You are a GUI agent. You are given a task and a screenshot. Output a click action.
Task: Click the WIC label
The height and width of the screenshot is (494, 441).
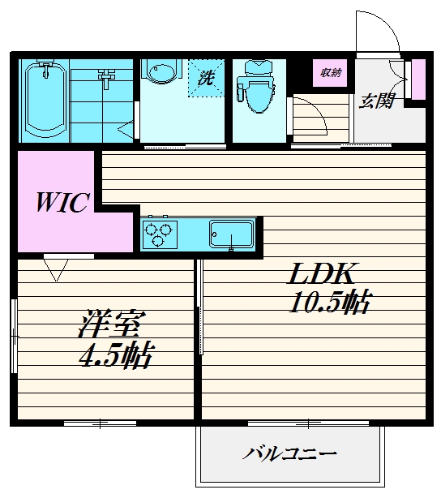pos(61,203)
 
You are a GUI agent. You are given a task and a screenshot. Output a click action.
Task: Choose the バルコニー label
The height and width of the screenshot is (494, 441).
pos(289,453)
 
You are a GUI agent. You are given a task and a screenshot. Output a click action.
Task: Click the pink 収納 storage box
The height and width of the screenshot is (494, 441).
pos(329,73)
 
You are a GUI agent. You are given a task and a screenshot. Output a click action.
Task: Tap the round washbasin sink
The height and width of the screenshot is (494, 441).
pos(161,75)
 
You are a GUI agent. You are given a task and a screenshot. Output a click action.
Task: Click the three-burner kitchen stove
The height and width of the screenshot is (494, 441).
pos(161,234)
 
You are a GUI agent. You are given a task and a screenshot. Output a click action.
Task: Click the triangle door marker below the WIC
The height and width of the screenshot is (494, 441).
pos(56,268)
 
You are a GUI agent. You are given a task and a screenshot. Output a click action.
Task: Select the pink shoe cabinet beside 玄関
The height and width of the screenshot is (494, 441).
pos(418,77)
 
